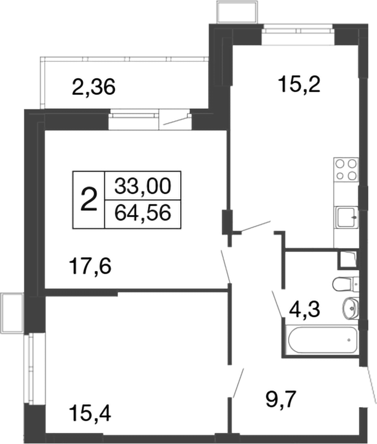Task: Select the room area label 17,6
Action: click(x=91, y=264)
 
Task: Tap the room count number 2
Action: click(x=88, y=199)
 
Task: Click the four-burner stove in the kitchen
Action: click(x=346, y=170)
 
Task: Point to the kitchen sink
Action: click(x=346, y=216)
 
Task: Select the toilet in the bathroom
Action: click(x=345, y=284)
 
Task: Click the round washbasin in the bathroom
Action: click(x=351, y=307)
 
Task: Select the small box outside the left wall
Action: click(x=10, y=312)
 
